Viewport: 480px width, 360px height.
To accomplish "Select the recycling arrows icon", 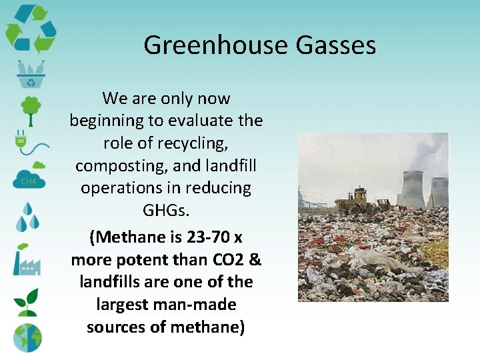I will pos(30,29).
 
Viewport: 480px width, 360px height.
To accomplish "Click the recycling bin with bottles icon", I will pos(30,74).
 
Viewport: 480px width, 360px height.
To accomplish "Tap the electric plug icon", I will pos(27,142).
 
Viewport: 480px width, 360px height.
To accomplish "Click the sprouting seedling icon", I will pos(28,301).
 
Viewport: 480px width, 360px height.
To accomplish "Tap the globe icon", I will pos(27,337).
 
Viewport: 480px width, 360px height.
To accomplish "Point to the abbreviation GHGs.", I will pos(167,211).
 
